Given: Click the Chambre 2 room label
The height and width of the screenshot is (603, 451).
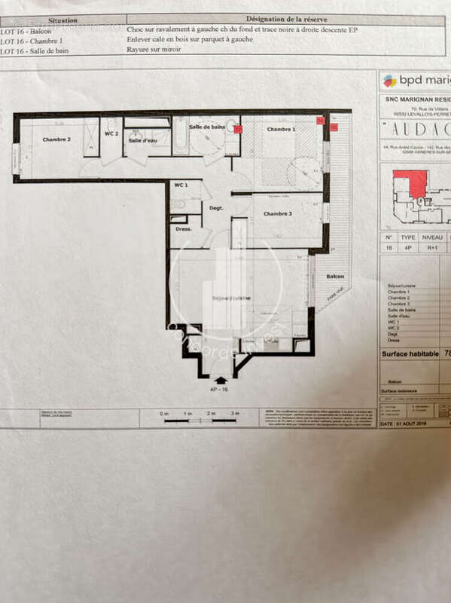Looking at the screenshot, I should [x=56, y=139].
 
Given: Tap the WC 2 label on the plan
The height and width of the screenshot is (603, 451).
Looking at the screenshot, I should [x=111, y=133].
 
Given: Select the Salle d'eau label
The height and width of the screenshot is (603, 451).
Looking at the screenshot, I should [x=142, y=140].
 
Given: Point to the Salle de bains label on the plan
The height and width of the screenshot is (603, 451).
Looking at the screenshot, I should [x=207, y=127].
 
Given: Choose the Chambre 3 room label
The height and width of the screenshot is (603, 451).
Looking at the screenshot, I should [x=279, y=214].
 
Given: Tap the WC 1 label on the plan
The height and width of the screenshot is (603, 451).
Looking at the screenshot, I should [x=181, y=185].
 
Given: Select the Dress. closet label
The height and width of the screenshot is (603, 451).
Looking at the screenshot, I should [x=184, y=228].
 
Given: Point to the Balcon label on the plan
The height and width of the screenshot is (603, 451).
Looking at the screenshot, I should [x=335, y=277].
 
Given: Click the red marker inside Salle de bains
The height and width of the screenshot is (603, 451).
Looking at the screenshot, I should [x=237, y=129].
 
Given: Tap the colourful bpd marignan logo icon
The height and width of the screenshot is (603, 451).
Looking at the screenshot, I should [x=389, y=81].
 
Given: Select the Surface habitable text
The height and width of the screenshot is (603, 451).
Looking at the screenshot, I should [x=410, y=353].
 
